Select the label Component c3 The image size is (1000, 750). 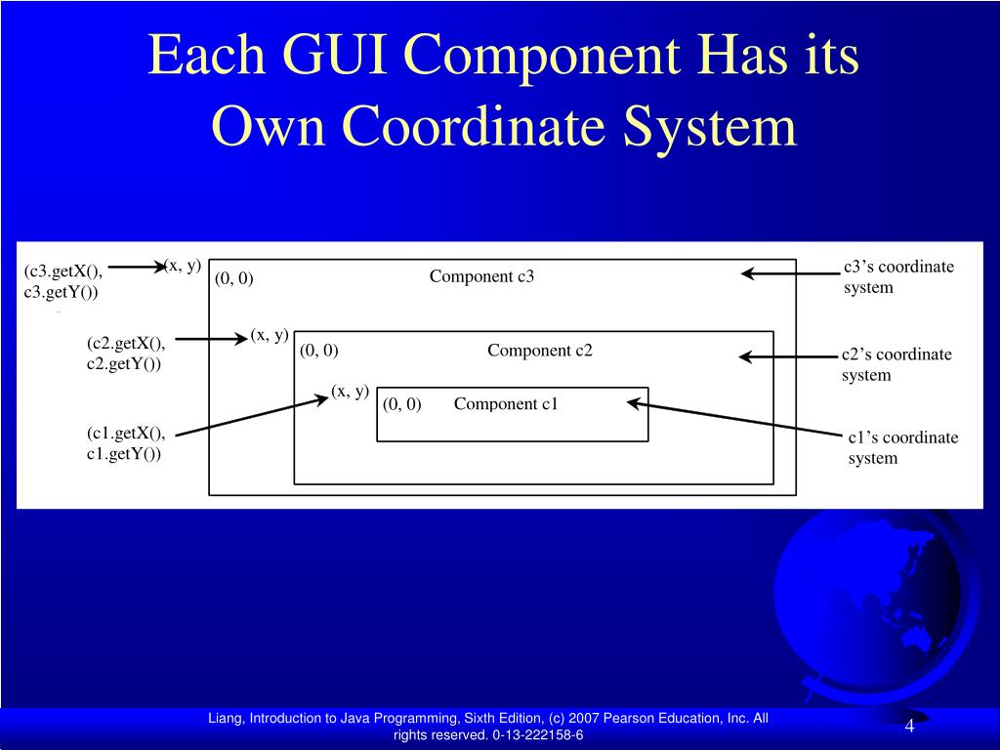pos(481,276)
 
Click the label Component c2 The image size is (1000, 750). pos(540,351)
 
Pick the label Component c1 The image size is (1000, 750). pos(506,404)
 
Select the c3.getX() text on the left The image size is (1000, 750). pos(63,271)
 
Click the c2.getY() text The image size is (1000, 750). pos(124,363)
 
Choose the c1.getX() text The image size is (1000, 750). pos(126,434)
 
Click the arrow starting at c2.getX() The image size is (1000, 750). pos(211,339)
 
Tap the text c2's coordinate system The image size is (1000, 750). pos(896,364)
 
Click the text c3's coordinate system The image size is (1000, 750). pos(898,276)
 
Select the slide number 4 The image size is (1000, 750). pos(909,727)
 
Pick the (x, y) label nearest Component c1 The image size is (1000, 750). pos(350,392)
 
